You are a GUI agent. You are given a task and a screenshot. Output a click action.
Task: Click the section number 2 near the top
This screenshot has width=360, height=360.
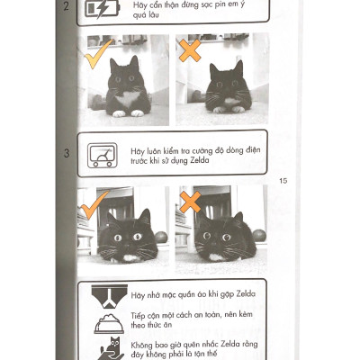point(66,6)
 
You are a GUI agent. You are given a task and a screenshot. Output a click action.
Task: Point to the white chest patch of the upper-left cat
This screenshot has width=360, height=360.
point(129,97)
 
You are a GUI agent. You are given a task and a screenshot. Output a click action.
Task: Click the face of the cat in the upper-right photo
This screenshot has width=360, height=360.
point(228,85)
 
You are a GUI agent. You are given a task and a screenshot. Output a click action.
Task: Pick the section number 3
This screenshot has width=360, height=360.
point(66,154)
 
